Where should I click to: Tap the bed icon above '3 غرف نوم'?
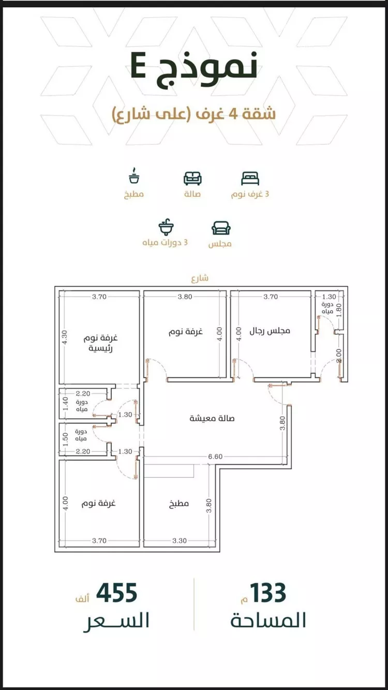pos(250,179)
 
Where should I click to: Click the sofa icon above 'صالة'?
pos(192,179)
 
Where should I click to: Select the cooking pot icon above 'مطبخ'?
pos(134,176)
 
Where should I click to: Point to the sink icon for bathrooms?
pos(166,227)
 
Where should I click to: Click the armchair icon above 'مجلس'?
pos(221,228)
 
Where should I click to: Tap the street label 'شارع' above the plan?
pos(200,278)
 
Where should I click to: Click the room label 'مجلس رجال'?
pos(270,331)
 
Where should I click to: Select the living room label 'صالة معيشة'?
pos(212,418)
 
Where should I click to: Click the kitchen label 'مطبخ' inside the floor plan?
pos(178,503)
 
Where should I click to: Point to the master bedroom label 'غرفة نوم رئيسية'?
pos(100,343)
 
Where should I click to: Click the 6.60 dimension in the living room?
pos(215,456)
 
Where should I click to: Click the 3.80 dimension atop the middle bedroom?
pos(185,297)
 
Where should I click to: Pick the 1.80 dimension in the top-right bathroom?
pos(339,310)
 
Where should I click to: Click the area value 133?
pos(268,593)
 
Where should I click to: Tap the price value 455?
pos(117,593)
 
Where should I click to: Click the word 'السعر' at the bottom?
pos(116,621)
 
